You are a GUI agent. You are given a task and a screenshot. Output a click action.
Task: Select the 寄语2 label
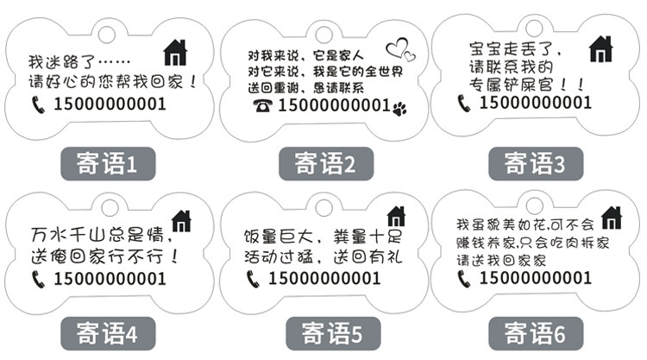tap(323, 162)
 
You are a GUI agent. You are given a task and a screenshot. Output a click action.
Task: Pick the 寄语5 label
tap(323, 331)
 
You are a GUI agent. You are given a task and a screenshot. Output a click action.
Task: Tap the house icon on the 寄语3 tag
tap(601, 49)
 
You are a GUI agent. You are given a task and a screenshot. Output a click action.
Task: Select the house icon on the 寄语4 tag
tap(182, 221)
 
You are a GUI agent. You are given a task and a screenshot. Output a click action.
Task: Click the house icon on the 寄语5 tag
tap(396, 217)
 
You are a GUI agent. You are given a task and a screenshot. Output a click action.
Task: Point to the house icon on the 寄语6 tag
tap(611, 218)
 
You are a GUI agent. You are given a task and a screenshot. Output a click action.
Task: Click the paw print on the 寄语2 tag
tap(399, 108)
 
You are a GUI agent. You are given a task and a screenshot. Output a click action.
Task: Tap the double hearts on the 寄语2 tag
tap(399, 50)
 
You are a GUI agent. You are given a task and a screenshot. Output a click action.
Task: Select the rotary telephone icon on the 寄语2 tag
tap(262, 105)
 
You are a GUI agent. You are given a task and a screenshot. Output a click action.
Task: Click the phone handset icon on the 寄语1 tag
tap(38, 104)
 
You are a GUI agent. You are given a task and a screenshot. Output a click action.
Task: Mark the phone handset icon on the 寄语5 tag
tap(253, 278)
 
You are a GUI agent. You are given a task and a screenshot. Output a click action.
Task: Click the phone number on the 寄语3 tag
tap(535, 103)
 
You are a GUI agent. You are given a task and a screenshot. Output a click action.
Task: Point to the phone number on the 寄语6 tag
tap(535, 278)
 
